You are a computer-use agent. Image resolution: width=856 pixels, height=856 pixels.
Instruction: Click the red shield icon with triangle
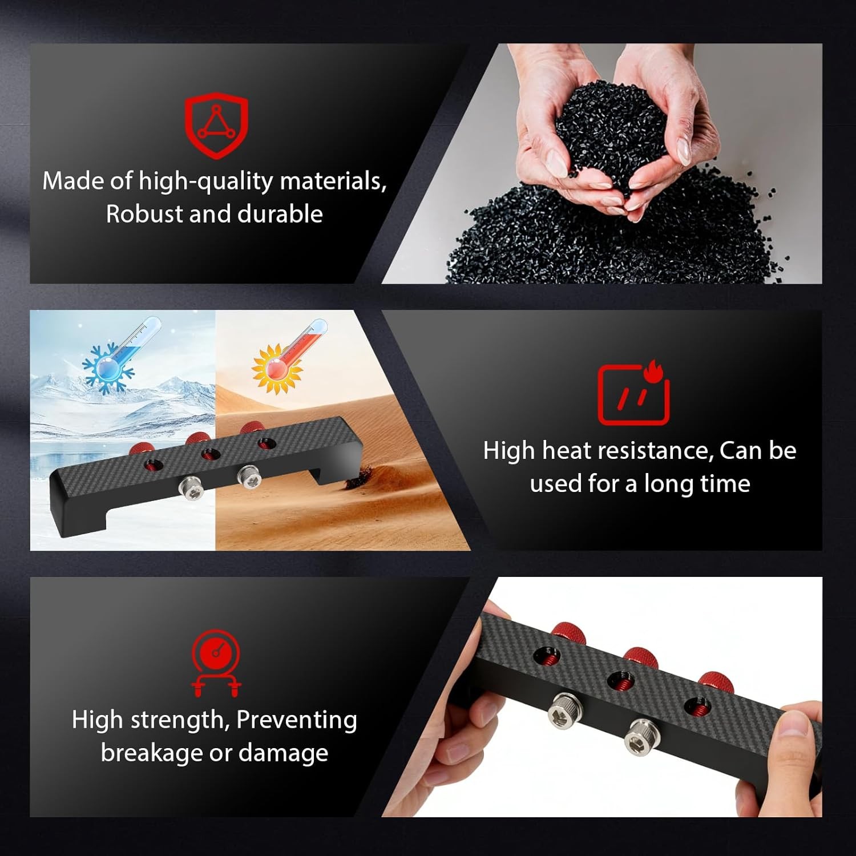point(216,126)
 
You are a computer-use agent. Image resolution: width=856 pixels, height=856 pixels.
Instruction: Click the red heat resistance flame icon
point(633,394)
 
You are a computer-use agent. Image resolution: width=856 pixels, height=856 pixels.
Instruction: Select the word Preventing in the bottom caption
point(296,720)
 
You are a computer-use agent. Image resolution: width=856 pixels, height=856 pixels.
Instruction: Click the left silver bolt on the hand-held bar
point(565,712)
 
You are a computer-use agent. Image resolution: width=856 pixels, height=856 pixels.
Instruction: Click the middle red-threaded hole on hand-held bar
point(620,681)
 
